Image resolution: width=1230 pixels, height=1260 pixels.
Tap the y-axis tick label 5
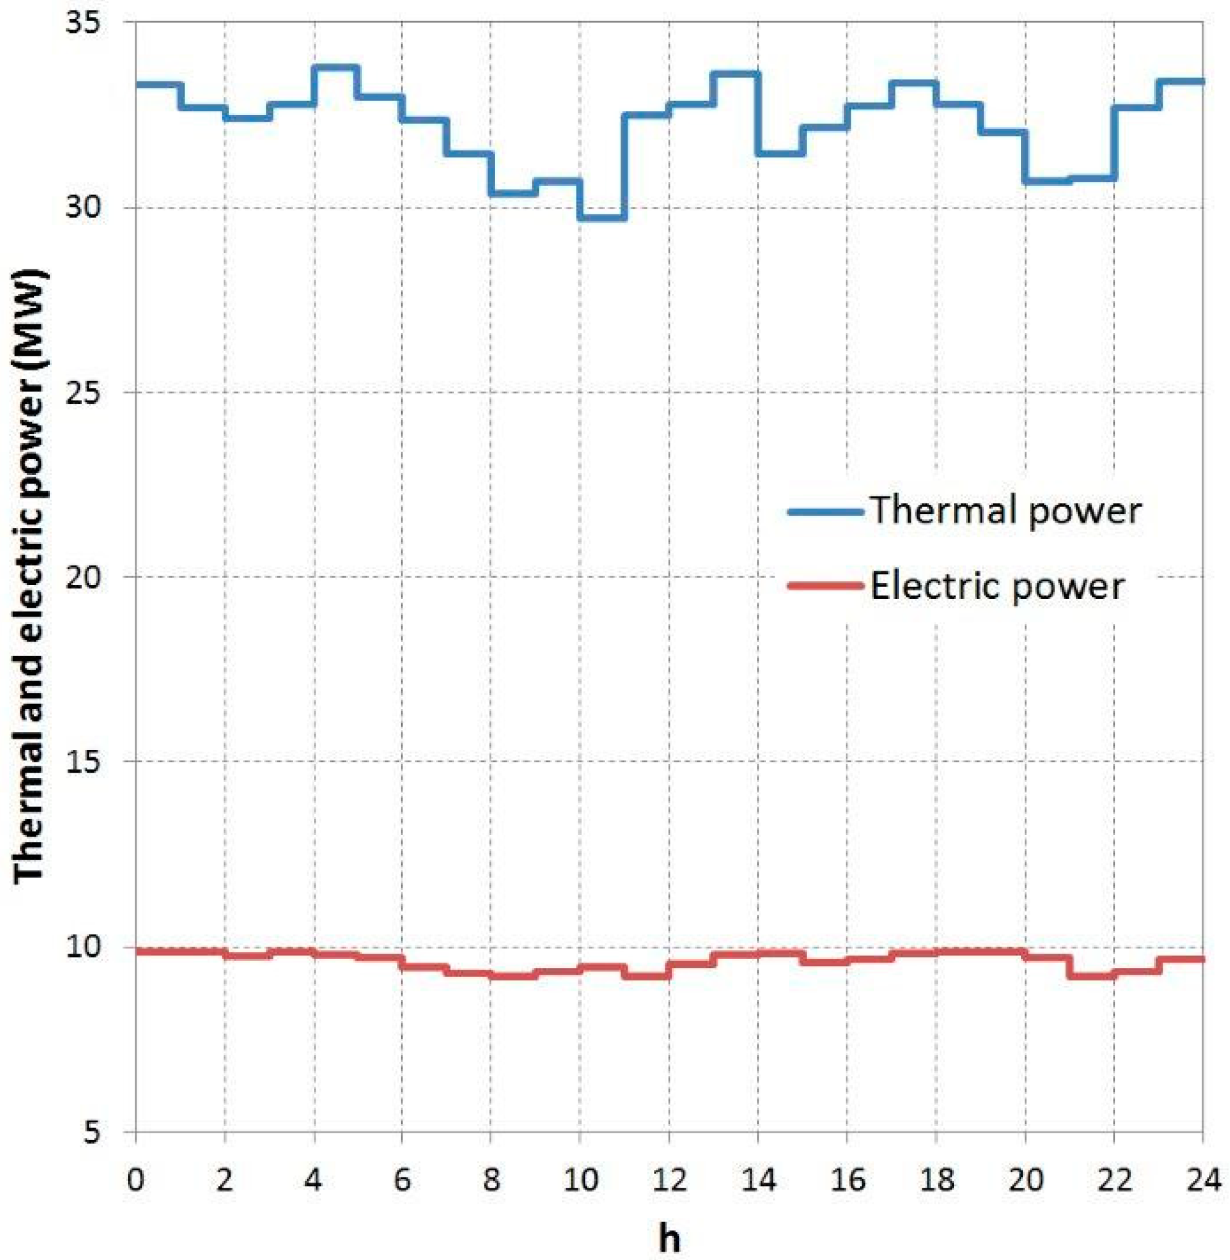[103, 1132]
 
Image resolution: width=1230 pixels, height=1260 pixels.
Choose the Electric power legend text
[997, 586]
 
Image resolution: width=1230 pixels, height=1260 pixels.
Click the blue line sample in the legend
[825, 511]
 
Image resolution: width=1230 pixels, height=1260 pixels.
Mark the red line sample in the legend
[825, 586]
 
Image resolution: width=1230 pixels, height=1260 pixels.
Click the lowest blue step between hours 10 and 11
[602, 217]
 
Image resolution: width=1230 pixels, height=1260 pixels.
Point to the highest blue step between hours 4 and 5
[335, 67]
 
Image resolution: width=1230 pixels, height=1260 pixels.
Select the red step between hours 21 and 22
[1092, 976]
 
